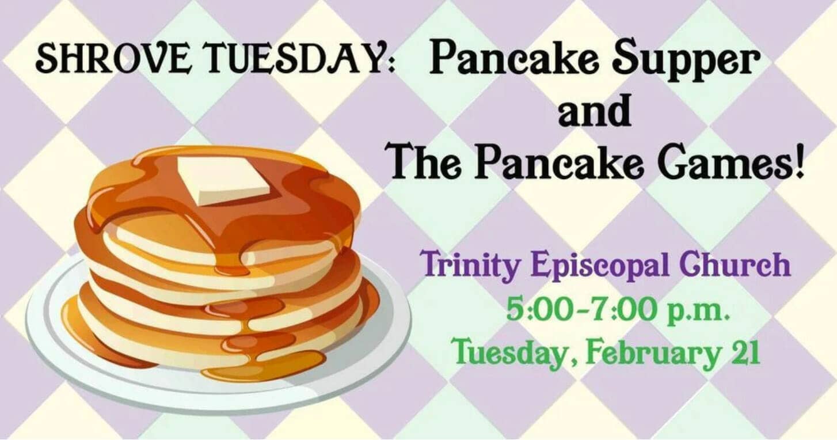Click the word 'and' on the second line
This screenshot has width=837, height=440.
tap(595, 111)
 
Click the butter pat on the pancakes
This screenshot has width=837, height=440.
tap(223, 180)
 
